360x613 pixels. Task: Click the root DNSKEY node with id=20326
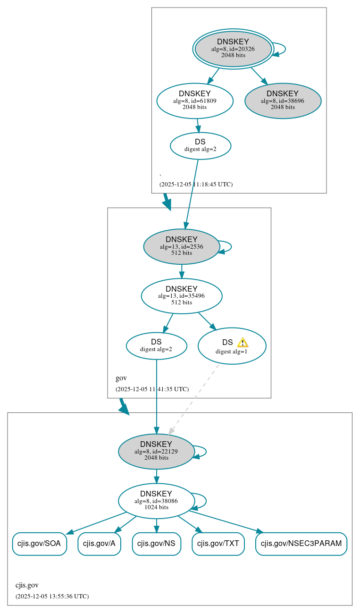click(233, 49)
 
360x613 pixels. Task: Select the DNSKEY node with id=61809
click(194, 101)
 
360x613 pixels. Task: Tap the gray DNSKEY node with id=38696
click(283, 101)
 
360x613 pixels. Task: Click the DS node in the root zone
click(200, 145)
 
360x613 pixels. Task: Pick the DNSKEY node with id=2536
click(181, 246)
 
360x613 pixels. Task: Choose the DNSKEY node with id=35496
click(181, 296)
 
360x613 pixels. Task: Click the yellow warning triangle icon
click(243, 343)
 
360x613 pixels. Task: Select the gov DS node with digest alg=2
click(156, 345)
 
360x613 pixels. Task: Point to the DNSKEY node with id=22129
click(156, 451)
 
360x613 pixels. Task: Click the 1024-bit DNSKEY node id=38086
click(156, 501)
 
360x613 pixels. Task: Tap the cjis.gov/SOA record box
click(39, 544)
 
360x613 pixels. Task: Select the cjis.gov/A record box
click(99, 544)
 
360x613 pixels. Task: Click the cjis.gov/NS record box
click(156, 544)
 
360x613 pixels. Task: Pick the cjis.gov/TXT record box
click(218, 544)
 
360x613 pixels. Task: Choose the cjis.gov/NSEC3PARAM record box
click(301, 544)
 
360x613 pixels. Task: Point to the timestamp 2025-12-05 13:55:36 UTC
click(52, 596)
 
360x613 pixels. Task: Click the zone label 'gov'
click(121, 378)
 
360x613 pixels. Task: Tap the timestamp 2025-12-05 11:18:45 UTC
click(196, 184)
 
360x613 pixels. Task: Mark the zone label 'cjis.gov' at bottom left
click(27, 585)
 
